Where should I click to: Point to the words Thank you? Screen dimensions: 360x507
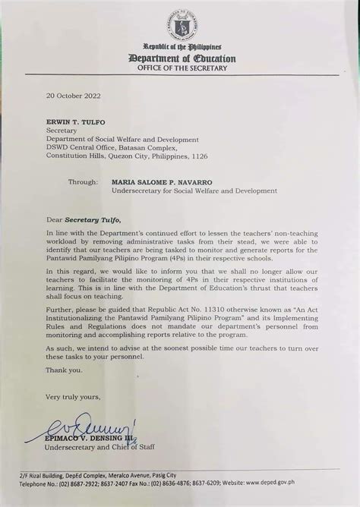[x=64, y=370]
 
